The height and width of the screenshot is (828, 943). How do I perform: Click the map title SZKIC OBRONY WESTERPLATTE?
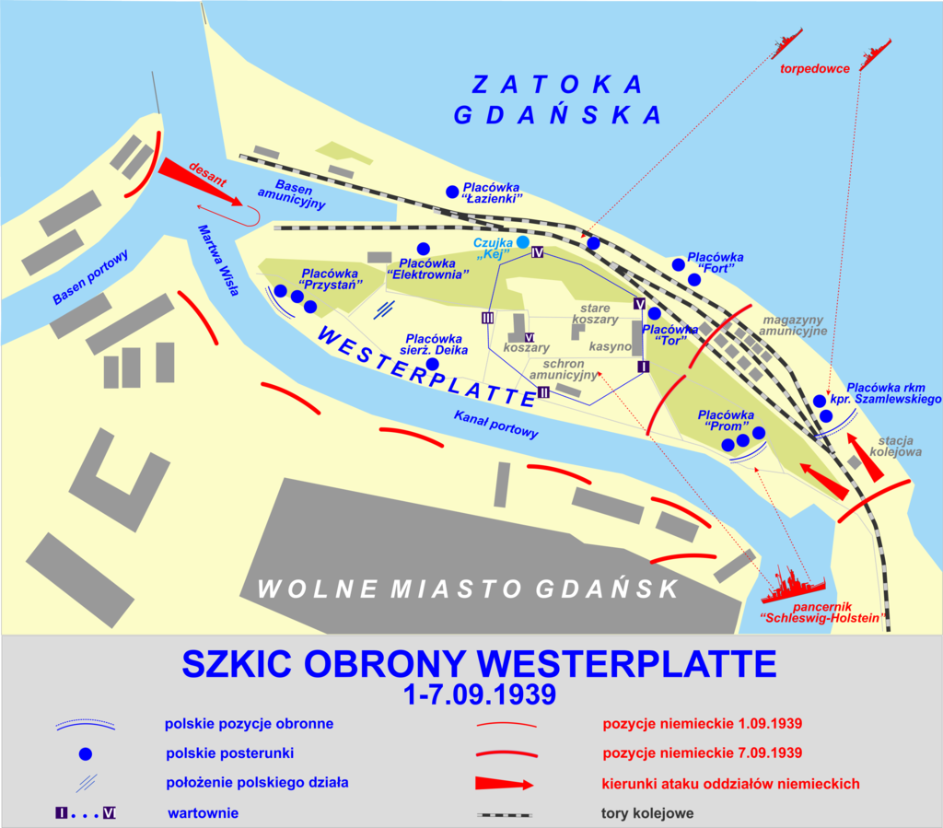click(479, 664)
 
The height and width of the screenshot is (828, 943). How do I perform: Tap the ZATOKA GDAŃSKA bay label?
click(558, 99)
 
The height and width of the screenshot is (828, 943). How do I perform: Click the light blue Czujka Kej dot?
click(523, 242)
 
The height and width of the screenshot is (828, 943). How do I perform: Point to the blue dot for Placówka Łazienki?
click(452, 192)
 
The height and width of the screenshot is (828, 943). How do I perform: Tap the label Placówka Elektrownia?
click(428, 268)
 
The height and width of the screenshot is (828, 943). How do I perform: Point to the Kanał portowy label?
click(495, 424)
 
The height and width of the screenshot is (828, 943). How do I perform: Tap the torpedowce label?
click(814, 69)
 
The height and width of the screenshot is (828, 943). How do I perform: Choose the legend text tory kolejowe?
click(640, 814)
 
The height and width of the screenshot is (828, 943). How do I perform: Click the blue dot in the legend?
click(86, 753)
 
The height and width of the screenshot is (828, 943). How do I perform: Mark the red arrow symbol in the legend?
click(504, 785)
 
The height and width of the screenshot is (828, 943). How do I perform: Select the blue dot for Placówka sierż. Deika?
click(432, 365)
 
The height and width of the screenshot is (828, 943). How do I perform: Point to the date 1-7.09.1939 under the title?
click(479, 694)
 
